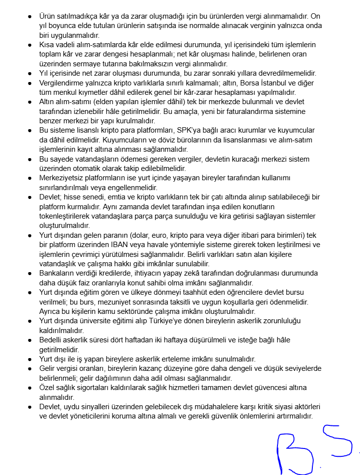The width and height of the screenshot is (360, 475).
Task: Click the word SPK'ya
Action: tap(193, 130)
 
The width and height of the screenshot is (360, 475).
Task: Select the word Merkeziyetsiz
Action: tap(62, 178)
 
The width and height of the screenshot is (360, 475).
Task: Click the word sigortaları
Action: tap(99, 388)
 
